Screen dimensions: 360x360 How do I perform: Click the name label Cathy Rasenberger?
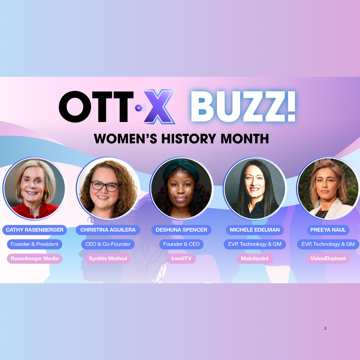coord(34,230)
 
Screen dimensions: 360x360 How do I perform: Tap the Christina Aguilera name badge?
coord(108,230)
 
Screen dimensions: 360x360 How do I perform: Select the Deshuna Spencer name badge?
coord(181,230)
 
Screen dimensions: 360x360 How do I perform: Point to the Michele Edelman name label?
coord(255,230)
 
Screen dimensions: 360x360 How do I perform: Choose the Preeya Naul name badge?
coord(328,230)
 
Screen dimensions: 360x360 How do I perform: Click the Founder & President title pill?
coord(34,244)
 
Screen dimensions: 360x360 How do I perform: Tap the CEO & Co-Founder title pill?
coord(108,244)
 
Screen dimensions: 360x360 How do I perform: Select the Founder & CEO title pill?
coord(181,244)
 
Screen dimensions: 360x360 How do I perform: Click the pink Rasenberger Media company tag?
coord(34,259)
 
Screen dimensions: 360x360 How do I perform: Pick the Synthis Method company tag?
coord(108,259)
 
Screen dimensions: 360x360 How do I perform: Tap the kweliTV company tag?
coord(181,259)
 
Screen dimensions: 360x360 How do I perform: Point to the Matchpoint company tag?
coord(255,259)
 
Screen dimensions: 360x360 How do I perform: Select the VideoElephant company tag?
coord(328,259)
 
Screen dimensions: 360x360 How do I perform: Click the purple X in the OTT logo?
coord(159,107)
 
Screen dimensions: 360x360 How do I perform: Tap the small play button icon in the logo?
coord(139,108)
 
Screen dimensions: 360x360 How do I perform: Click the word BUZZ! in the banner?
coord(243,106)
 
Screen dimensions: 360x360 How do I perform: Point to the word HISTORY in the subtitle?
coord(189,139)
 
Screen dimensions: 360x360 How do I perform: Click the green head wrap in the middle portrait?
coord(181,168)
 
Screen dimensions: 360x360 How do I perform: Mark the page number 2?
coord(325,328)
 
